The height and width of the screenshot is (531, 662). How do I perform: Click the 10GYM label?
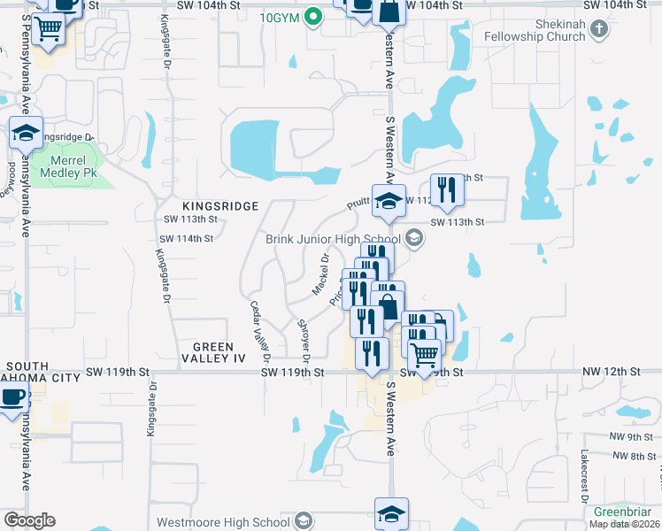pos(280,17)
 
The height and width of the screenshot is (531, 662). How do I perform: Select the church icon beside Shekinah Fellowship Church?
pos(600,29)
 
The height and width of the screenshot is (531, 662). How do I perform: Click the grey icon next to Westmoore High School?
pos(304,520)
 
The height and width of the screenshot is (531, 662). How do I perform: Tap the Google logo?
pos(29,520)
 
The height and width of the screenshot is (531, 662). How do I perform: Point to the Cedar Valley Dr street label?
pos(258,331)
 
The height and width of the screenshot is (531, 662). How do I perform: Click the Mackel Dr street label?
pos(320,275)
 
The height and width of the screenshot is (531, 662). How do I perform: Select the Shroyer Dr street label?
pos(303,341)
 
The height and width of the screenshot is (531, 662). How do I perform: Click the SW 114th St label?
pos(187,239)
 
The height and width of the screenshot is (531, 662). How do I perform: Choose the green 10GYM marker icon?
pos(312,16)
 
